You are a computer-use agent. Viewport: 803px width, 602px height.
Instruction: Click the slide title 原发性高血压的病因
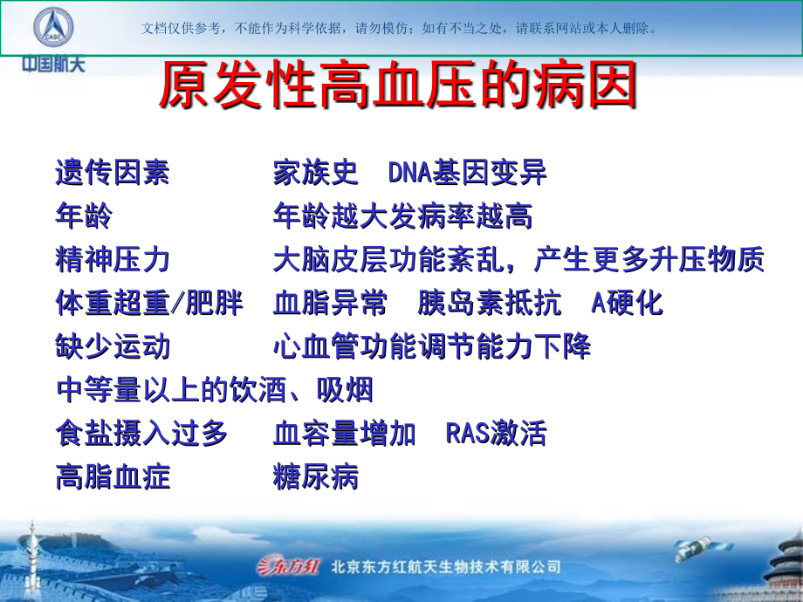point(398,87)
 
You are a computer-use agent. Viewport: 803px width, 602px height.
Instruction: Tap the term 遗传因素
point(113,172)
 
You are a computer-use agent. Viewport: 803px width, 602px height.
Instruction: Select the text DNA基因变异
point(467,172)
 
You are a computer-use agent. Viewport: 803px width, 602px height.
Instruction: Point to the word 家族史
point(315,172)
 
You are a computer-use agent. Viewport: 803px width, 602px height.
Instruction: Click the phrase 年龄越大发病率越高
point(402,215)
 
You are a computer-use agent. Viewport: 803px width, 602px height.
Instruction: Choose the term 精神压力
point(113,259)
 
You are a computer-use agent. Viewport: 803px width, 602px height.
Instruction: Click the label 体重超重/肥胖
point(149,303)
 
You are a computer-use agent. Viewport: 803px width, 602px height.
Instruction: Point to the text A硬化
point(627,303)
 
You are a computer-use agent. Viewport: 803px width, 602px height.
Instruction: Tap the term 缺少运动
point(113,346)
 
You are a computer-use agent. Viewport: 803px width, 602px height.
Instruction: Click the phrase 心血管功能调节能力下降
point(432,346)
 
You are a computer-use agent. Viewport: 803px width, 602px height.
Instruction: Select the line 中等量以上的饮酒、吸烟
point(214,390)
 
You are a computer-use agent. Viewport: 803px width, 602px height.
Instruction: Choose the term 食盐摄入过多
point(141,434)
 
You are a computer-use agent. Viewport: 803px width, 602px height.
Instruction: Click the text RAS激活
point(496,434)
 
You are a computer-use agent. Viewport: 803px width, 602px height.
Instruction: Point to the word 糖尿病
point(315,477)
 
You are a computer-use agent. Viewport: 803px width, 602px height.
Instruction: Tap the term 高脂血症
point(113,477)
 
